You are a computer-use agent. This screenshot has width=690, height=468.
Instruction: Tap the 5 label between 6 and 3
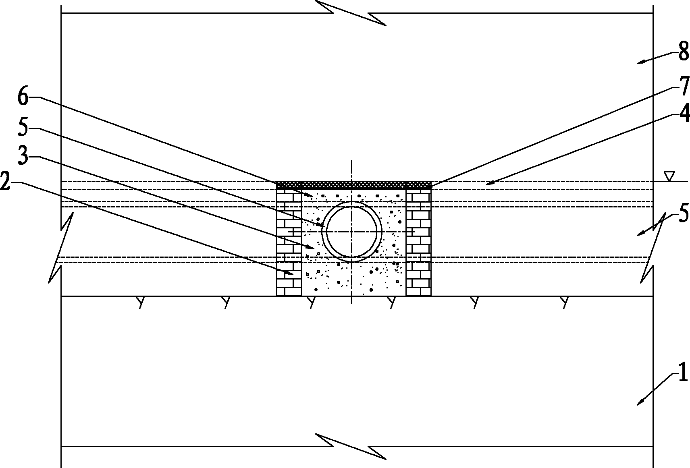[x=23, y=127]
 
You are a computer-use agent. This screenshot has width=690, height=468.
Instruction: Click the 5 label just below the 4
[x=684, y=213]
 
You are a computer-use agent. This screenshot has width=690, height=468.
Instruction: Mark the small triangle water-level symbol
[x=669, y=176]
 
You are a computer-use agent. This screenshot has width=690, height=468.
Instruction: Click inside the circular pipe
[x=351, y=232]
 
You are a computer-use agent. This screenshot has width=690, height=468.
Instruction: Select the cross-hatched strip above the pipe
[x=353, y=185]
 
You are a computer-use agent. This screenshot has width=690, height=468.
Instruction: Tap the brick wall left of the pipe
[x=289, y=242]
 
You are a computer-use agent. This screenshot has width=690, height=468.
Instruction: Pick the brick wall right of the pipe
[x=418, y=242]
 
